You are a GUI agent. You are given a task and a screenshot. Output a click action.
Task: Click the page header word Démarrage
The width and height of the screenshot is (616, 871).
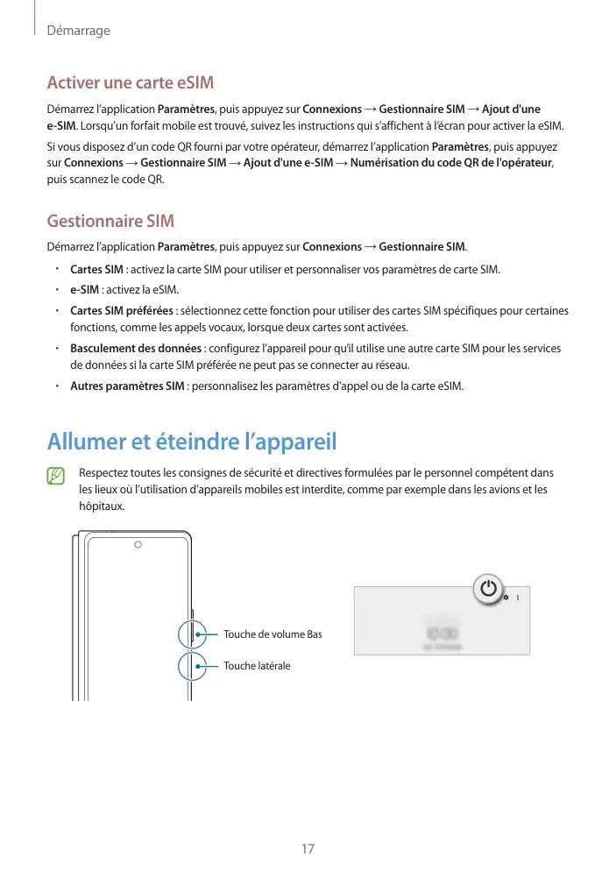[x=78, y=31]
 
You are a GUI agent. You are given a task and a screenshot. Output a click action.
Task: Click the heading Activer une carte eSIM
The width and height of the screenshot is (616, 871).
[x=130, y=83]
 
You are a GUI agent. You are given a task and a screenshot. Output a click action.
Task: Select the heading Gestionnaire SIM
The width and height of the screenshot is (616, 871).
[x=110, y=221]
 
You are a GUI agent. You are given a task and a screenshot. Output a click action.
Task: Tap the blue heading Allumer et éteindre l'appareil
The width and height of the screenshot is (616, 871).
[x=192, y=440]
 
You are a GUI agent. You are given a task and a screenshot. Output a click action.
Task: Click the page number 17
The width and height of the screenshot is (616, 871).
[x=307, y=848]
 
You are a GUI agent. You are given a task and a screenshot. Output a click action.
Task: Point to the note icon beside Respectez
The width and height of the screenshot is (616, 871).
[x=57, y=477]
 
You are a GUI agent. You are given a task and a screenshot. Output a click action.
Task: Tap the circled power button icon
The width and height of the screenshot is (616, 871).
[x=489, y=589]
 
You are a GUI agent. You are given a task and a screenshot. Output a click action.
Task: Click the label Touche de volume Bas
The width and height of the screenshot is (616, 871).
[x=273, y=634]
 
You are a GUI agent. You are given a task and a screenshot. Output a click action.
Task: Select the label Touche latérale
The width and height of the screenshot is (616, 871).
[x=256, y=666]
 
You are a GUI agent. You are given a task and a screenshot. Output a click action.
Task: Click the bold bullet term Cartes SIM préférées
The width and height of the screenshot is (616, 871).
[x=122, y=311]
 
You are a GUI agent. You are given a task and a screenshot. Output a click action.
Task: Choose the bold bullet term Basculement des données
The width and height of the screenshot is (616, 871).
[x=135, y=349]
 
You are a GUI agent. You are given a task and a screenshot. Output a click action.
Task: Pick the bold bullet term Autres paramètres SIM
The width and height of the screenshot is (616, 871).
[x=126, y=386]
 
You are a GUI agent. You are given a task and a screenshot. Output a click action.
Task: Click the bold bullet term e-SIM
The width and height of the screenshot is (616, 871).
[x=84, y=290]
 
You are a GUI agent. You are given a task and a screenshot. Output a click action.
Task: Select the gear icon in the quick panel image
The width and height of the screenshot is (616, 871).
[x=506, y=597]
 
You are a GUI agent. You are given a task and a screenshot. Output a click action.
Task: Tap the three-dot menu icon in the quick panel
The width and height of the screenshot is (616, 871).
[x=518, y=597]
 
